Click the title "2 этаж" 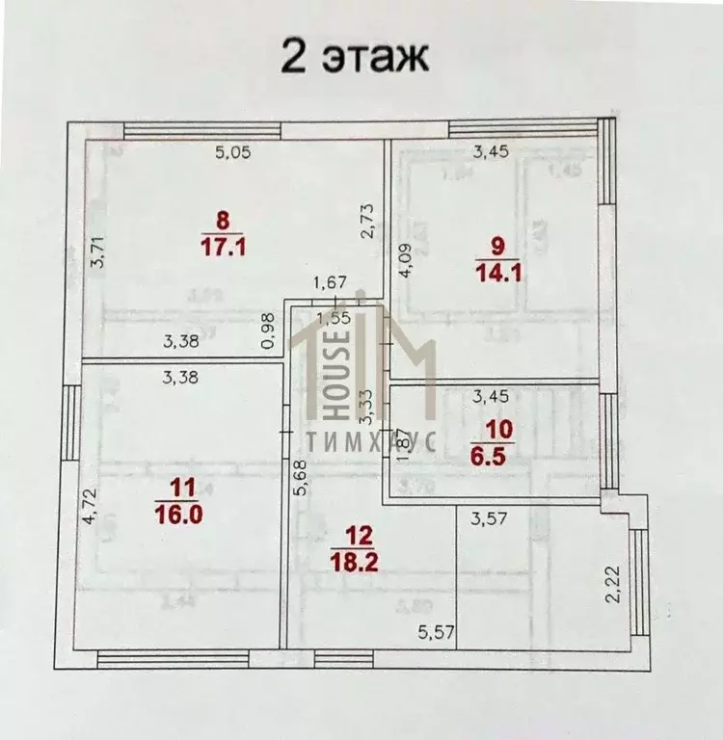(x=354, y=56)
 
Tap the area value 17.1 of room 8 (x=224, y=247)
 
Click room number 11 (x=177, y=488)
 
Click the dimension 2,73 (x=367, y=222)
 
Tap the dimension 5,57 (x=436, y=633)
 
